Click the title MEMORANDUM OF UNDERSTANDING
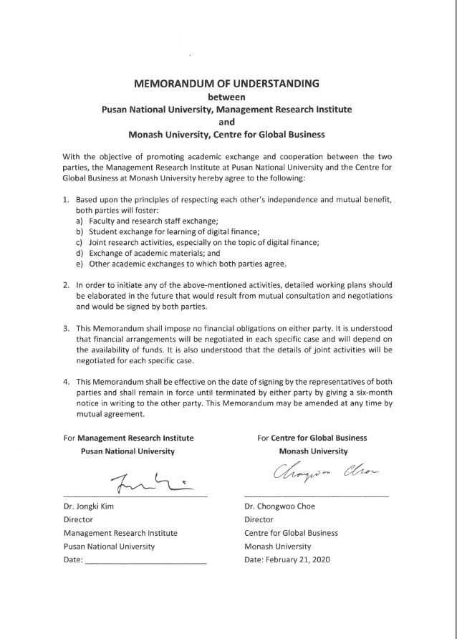(x=226, y=84)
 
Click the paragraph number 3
(x=65, y=328)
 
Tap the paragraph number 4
(x=65, y=382)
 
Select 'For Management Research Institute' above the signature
(x=128, y=438)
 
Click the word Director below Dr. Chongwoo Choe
(x=259, y=519)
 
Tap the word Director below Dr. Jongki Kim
(x=79, y=519)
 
